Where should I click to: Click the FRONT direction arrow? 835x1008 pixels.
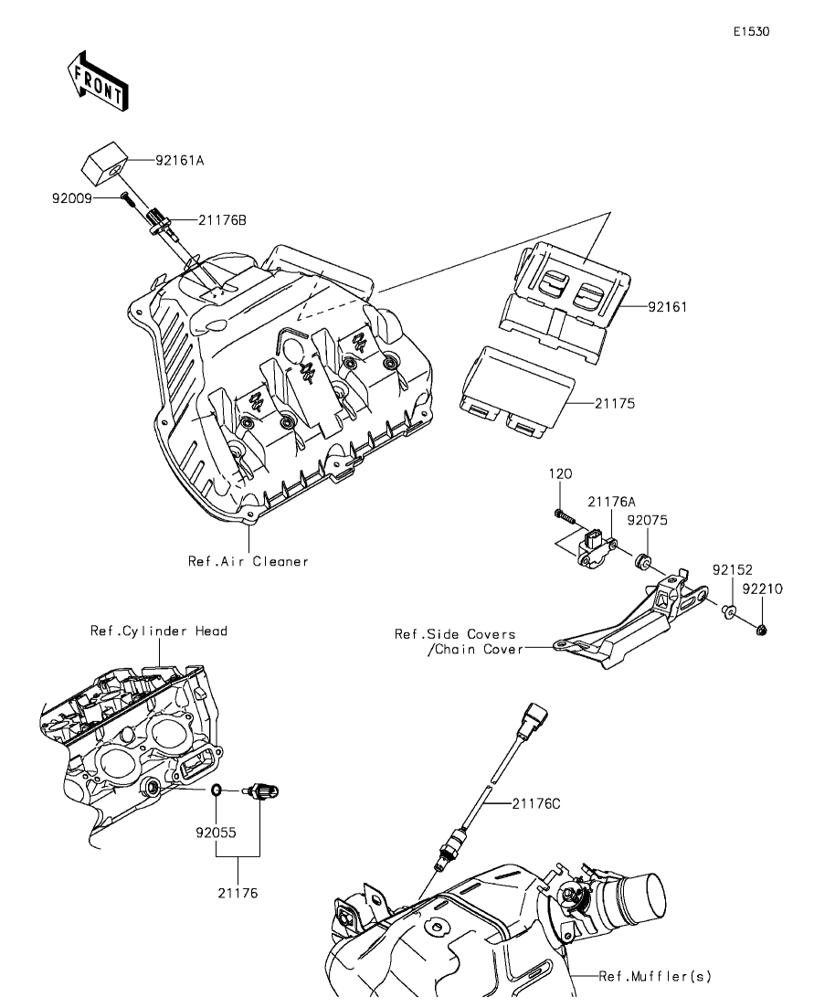point(97,80)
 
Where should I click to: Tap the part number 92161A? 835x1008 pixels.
point(179,160)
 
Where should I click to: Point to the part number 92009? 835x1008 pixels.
point(72,198)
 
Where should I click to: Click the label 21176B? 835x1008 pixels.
point(222,220)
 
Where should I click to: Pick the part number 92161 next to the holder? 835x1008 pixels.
point(667,307)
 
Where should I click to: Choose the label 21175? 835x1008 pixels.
point(615,404)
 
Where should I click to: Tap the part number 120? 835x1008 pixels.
point(560,473)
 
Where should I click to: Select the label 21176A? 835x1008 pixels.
point(611,502)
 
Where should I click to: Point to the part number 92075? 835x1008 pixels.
point(648,520)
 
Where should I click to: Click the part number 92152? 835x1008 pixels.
point(732,570)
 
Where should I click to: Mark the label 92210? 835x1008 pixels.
point(762,589)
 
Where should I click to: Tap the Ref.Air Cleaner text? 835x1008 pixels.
point(248,561)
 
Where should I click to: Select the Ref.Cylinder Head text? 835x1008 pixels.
point(159,631)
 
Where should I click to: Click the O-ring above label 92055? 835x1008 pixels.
point(217,789)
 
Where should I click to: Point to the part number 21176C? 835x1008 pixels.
point(536,803)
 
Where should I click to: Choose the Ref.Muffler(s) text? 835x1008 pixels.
point(655,977)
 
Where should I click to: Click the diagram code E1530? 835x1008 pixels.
point(752,31)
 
